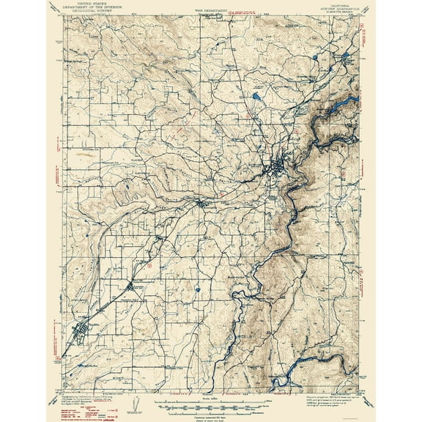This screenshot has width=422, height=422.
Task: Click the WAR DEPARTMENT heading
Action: [211, 10]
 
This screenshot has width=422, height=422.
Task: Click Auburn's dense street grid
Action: [278, 170]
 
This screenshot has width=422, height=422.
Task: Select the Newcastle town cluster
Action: [201, 203]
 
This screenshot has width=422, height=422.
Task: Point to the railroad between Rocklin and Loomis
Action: [108, 308]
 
